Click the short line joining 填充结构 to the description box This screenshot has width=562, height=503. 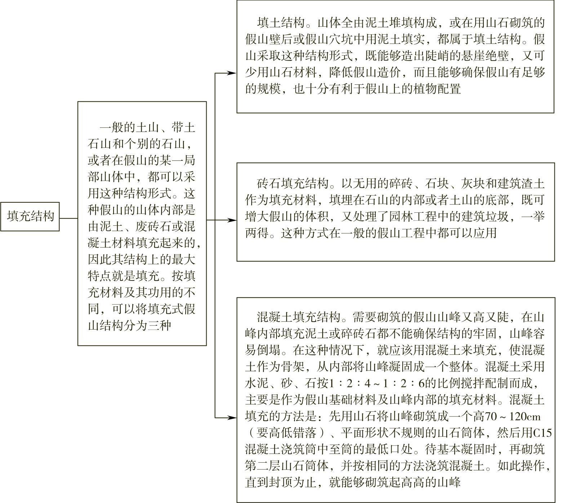click(x=68, y=218)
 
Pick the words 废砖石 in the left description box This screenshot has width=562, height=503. click(x=147, y=227)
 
